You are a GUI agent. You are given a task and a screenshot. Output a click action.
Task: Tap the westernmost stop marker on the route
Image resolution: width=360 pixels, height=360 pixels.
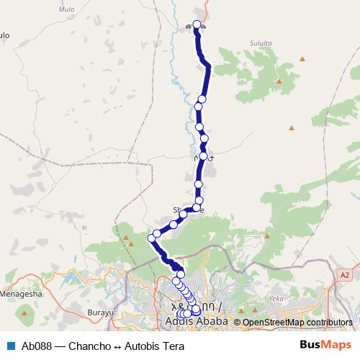click(153, 237)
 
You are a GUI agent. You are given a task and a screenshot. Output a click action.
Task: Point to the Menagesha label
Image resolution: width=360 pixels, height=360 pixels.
click(22, 294)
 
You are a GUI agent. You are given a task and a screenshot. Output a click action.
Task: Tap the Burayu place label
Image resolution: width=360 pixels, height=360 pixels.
click(102, 312)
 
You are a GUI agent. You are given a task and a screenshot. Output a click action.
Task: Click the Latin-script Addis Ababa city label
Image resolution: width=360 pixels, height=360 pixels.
click(197, 321)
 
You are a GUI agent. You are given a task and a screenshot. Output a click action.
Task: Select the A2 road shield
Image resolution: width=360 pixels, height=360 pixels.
click(345, 274)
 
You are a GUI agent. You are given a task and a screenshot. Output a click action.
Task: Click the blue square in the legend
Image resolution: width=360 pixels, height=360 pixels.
click(11, 346)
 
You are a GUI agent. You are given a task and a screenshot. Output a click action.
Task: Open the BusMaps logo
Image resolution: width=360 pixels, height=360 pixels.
click(326, 345)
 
